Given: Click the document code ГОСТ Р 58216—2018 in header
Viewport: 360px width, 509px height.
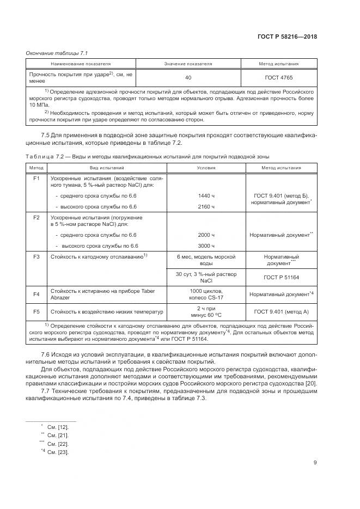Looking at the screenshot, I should click(x=287, y=37).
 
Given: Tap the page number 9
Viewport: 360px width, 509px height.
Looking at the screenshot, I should click(x=315, y=463).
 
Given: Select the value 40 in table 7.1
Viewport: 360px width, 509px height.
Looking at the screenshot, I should click(x=188, y=78).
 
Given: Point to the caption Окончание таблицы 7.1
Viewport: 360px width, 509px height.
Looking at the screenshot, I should click(x=53, y=53).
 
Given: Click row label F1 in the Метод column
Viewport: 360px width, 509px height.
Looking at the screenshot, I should click(x=37, y=178).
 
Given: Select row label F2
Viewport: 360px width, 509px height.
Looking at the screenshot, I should click(x=37, y=217).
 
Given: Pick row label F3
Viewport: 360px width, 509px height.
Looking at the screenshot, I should click(x=37, y=256).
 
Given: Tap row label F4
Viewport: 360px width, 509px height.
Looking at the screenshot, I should click(x=37, y=295).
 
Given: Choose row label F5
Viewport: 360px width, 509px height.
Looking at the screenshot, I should click(x=37, y=312).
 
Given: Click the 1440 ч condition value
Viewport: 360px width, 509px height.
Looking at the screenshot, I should click(x=206, y=194).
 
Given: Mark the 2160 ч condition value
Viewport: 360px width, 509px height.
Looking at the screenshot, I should click(x=206, y=207).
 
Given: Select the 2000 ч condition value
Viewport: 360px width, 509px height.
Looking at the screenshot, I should click(x=206, y=234).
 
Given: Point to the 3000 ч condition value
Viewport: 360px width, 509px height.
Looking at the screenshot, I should click(x=206, y=246).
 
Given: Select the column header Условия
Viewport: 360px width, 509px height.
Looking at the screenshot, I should click(x=206, y=168).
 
